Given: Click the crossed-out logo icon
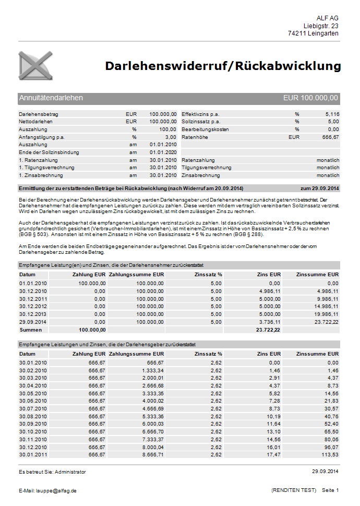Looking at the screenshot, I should (35, 66).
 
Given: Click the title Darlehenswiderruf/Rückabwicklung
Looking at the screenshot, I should (223, 66).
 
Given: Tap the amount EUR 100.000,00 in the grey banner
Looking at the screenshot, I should (311, 98).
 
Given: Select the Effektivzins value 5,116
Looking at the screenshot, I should (332, 114).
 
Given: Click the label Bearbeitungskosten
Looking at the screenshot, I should (205, 129).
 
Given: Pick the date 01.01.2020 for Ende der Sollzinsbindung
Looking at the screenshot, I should (163, 152).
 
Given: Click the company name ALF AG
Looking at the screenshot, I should (327, 18).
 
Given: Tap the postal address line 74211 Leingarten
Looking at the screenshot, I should (313, 33).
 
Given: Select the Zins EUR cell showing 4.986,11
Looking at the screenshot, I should (270, 291).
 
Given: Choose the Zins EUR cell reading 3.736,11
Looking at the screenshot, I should (270, 322).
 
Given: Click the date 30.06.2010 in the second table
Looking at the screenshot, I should (33, 400).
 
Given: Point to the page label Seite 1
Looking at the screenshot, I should (330, 490).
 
